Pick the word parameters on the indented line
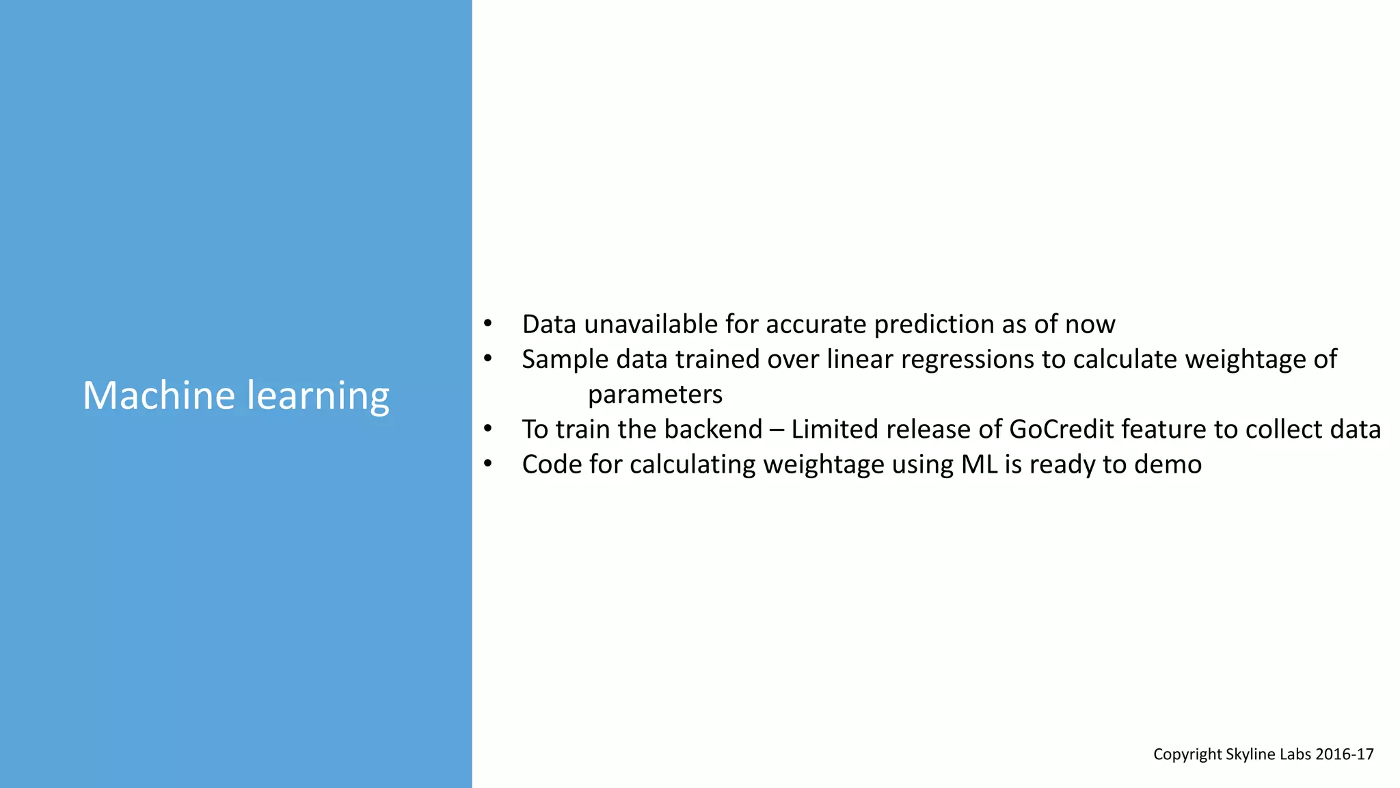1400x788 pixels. coord(655,395)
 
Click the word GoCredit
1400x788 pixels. coord(1061,430)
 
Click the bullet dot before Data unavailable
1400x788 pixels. coord(487,324)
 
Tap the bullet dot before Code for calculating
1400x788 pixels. coord(487,464)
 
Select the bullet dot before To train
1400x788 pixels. coord(487,429)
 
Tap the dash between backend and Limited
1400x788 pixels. coord(777,430)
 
